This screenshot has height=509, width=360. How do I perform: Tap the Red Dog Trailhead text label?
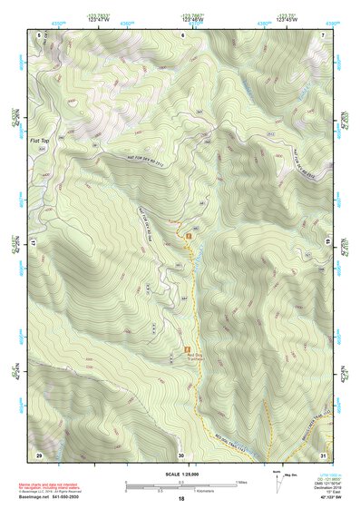pos(189,357)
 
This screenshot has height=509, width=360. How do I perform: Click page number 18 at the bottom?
pos(181,499)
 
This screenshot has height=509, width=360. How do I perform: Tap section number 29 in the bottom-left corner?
pos(39,454)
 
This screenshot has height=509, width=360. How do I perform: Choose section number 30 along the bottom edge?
pos(181,454)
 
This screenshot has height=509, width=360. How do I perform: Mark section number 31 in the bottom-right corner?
pos(324,454)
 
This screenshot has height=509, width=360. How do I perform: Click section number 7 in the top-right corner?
pos(324,34)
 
